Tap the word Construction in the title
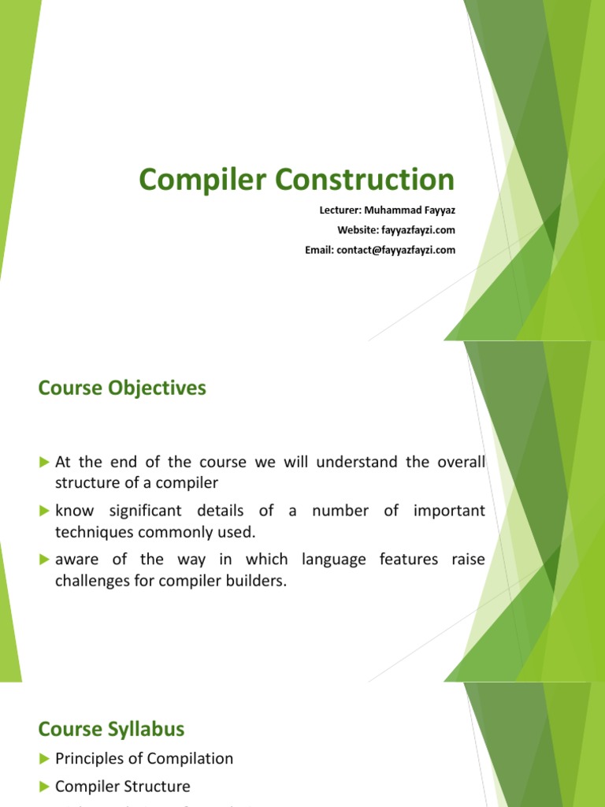click(x=365, y=180)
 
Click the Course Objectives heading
click(x=122, y=389)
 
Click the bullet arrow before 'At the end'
click(x=44, y=462)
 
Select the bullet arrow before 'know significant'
click(x=44, y=511)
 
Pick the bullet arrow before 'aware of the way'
click(x=44, y=560)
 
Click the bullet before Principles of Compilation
click(x=44, y=759)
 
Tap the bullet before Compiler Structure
click(x=44, y=787)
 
